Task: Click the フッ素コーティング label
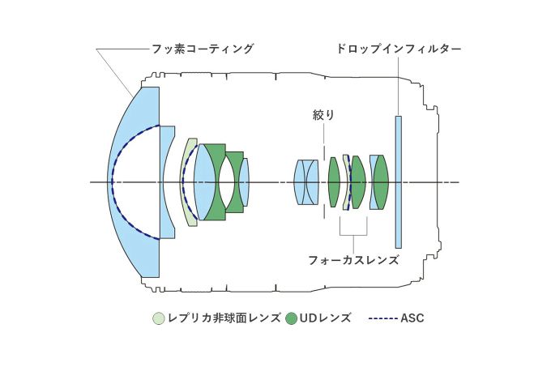tap(202, 49)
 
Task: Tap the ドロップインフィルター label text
tap(398, 49)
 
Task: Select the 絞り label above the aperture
tap(323, 115)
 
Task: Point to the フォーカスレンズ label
tap(353, 260)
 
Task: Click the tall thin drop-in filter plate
tap(398, 182)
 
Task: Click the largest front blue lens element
tap(134, 182)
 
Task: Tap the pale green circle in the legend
tap(159, 318)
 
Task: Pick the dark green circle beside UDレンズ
tap(292, 318)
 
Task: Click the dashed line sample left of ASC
tap(383, 318)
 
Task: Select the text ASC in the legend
tap(412, 318)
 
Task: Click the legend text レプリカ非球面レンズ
tap(224, 318)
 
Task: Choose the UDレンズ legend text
tap(326, 318)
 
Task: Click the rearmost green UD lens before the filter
tap(381, 182)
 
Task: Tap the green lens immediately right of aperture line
tap(334, 182)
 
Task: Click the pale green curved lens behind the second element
tap(188, 182)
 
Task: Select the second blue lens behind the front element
tap(168, 182)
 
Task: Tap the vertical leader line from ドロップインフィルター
tap(398, 85)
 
